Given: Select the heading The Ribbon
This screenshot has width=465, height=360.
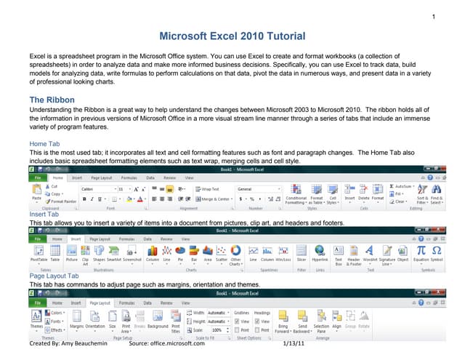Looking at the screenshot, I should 51,99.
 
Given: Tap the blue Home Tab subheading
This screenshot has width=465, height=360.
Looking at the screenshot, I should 44,144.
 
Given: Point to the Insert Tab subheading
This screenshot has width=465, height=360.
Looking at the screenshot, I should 44,215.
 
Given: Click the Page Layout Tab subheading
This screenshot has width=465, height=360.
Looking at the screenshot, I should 54,276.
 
